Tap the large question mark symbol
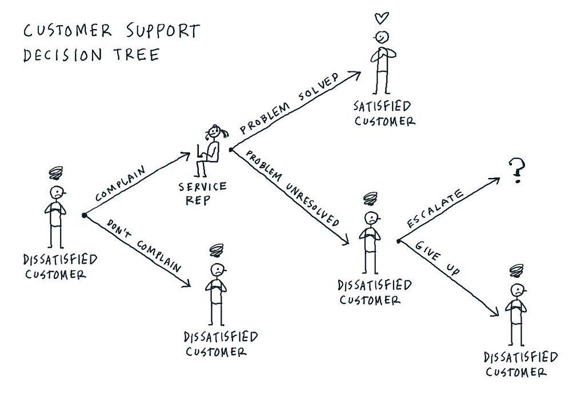517,171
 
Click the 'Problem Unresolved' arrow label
292,188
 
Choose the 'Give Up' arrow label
436,260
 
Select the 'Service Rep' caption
202,193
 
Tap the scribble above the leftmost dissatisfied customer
57,172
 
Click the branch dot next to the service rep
230,150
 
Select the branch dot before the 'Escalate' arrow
398,241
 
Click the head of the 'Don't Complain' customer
217,269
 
